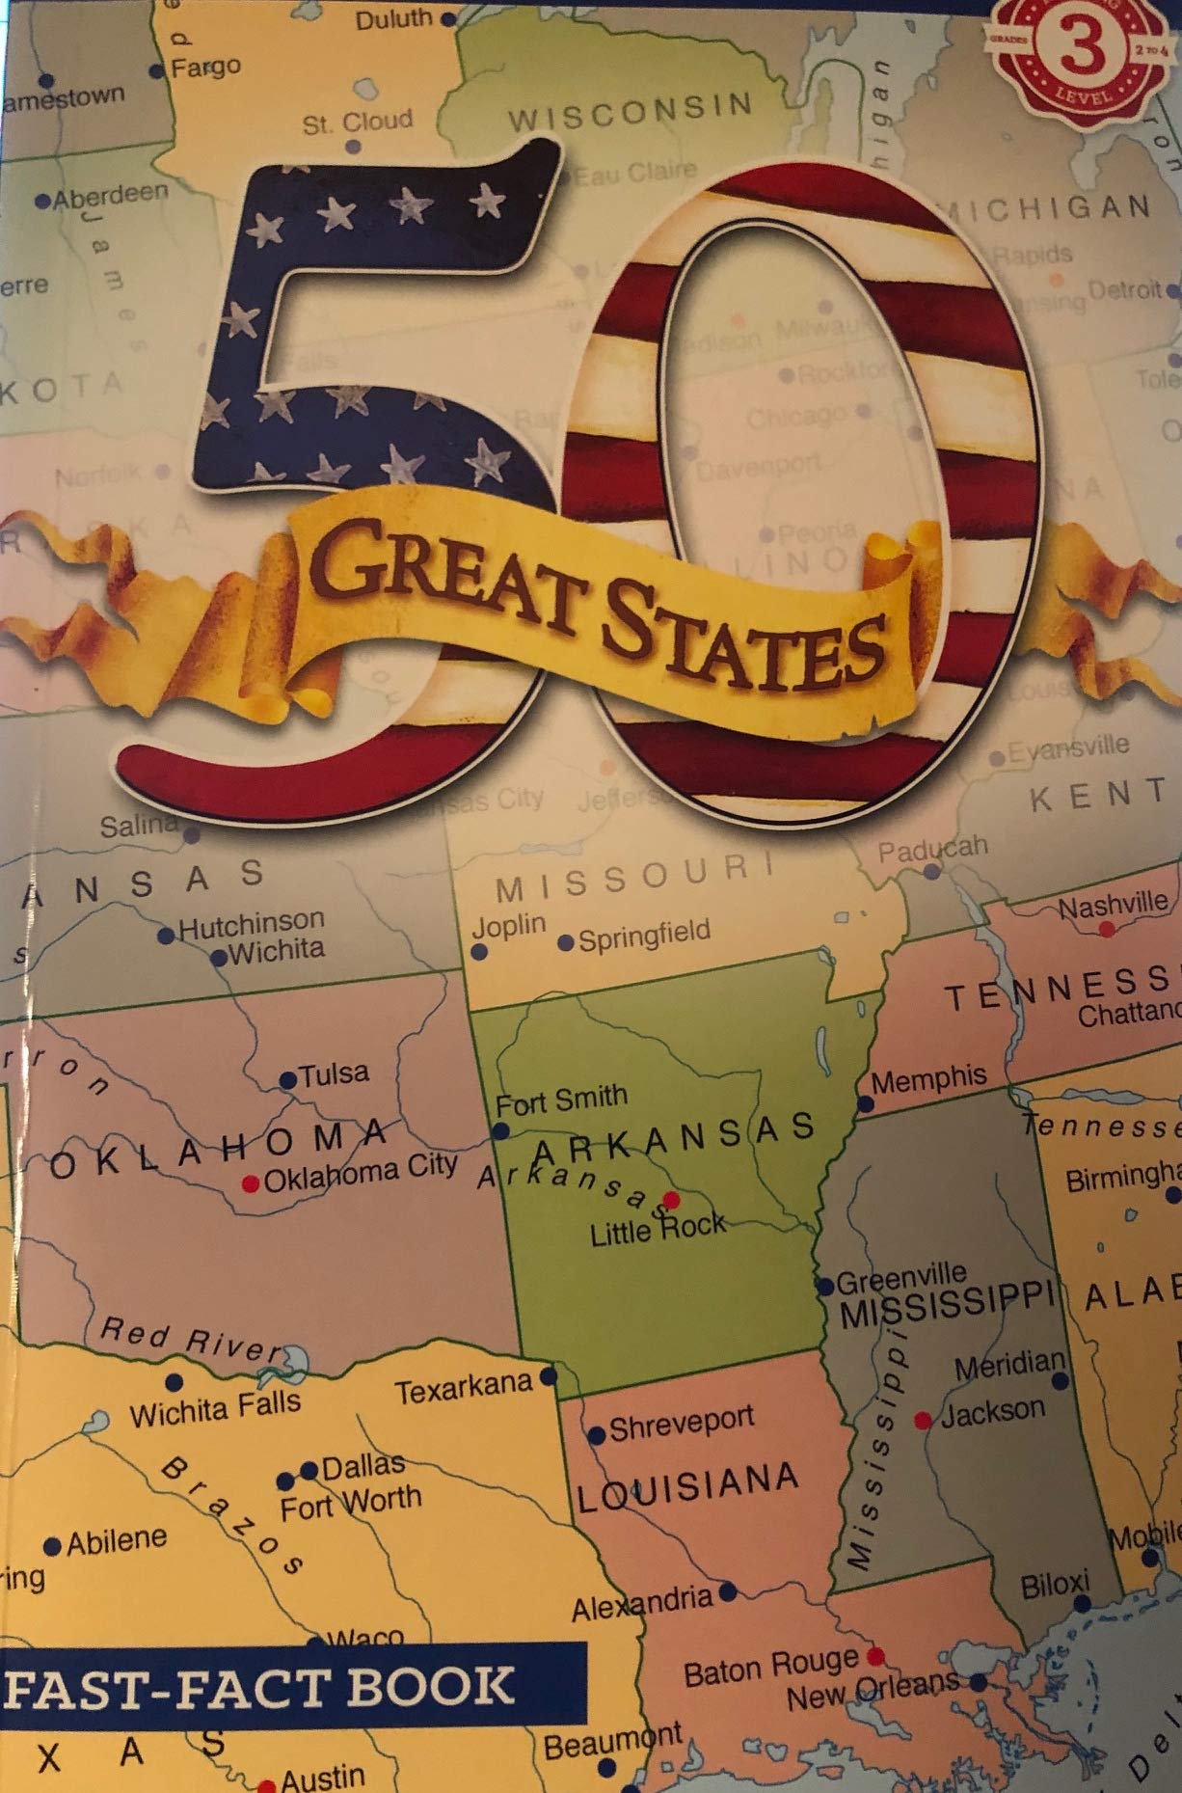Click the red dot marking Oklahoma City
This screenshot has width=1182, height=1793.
point(251,1182)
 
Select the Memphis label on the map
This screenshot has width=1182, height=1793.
point(928,1078)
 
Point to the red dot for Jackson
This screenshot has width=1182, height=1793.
point(923,1420)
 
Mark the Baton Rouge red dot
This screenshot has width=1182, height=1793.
point(875,1656)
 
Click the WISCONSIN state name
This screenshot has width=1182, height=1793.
point(631,112)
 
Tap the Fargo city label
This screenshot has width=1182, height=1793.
point(205,68)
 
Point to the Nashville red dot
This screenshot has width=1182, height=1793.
point(1107,928)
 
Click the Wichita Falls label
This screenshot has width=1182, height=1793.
point(216,1409)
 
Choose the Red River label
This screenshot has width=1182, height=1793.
point(191,1341)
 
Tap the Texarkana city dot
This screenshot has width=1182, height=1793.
point(548,1375)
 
